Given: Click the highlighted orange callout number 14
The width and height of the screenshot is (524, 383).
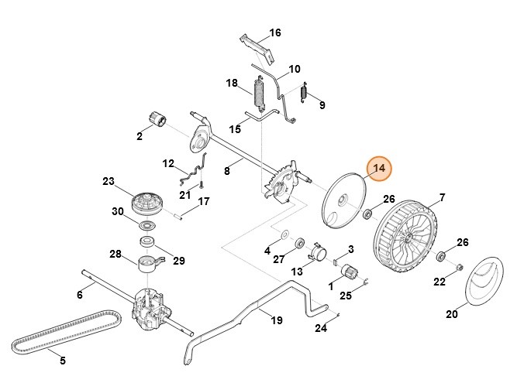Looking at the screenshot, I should coord(380,169).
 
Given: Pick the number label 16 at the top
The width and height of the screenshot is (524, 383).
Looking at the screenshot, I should coord(274,32).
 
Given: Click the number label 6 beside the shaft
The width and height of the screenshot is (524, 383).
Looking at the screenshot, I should coord(80,295).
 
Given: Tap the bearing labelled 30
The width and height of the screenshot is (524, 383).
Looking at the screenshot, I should coord(146,225).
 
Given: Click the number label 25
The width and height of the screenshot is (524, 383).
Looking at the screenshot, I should coord(346,295).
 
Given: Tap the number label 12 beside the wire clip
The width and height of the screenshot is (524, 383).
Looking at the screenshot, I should coord(169,163).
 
